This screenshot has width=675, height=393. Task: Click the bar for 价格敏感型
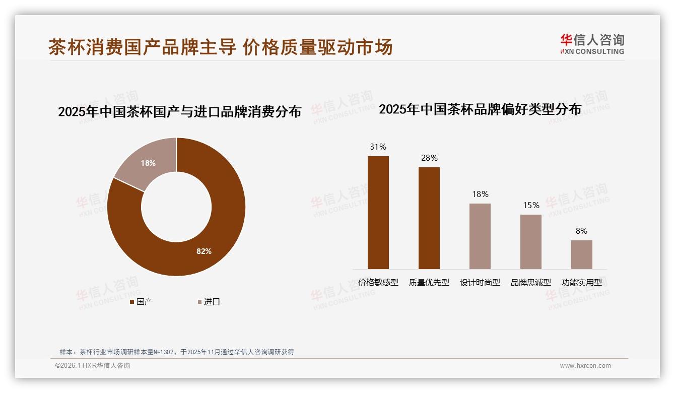point(378,212)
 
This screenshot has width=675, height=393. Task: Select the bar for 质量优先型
point(429,218)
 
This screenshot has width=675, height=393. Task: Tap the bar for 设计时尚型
point(480,236)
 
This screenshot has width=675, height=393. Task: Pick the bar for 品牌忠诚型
point(530,241)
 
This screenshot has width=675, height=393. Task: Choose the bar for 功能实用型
point(581,254)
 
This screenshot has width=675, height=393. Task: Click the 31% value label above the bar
point(378,147)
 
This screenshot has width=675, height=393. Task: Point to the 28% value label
point(429,158)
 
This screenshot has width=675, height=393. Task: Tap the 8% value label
point(581,231)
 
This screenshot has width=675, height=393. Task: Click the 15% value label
point(531,206)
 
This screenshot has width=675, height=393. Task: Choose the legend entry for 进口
point(208,302)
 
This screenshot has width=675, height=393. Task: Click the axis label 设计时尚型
point(480,283)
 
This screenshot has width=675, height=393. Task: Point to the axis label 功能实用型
point(581,283)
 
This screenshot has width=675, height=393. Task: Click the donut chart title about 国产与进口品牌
point(179,111)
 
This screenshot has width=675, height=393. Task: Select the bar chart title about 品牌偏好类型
point(480,109)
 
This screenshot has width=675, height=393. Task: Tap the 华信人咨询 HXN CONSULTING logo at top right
point(592,44)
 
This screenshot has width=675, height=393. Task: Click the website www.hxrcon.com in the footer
point(585,366)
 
